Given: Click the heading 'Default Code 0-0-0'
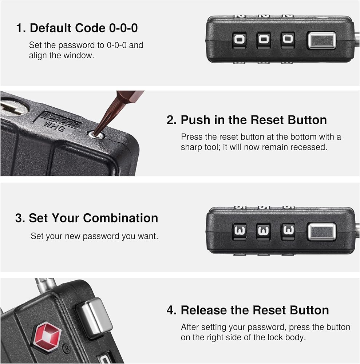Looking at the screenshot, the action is pos(84,28).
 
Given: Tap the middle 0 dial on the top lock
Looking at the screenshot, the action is pos(264,40).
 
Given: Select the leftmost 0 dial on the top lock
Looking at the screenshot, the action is pos(239,40).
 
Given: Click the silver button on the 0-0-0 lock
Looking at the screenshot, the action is pos(321,41).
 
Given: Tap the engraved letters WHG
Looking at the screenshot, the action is pos(54,127).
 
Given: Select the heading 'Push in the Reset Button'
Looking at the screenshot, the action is pos(254,120).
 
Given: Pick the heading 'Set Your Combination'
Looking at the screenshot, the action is pos(93,218).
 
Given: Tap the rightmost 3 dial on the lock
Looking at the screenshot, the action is pos(288,231).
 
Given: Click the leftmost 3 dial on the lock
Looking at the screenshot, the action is pos(239,231).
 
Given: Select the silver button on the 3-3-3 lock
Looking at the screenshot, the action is pos(322,232).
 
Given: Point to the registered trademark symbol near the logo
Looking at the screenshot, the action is pos(66,348).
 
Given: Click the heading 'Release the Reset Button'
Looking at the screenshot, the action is pos(255,310).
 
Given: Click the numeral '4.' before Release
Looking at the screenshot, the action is pos(171,310).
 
